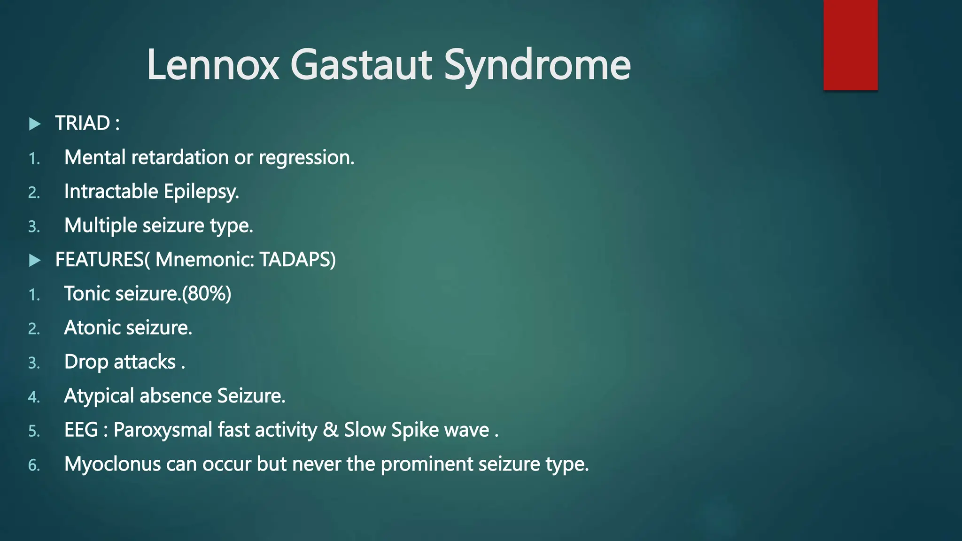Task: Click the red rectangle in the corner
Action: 850,45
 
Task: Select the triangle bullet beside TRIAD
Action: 35,124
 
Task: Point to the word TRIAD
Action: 83,124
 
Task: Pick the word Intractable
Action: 111,192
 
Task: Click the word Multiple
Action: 101,225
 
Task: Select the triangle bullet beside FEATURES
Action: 35,260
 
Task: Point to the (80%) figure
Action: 207,294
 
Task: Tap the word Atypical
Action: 99,396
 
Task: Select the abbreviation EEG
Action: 81,430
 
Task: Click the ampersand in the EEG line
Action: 331,430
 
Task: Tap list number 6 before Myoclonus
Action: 34,465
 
